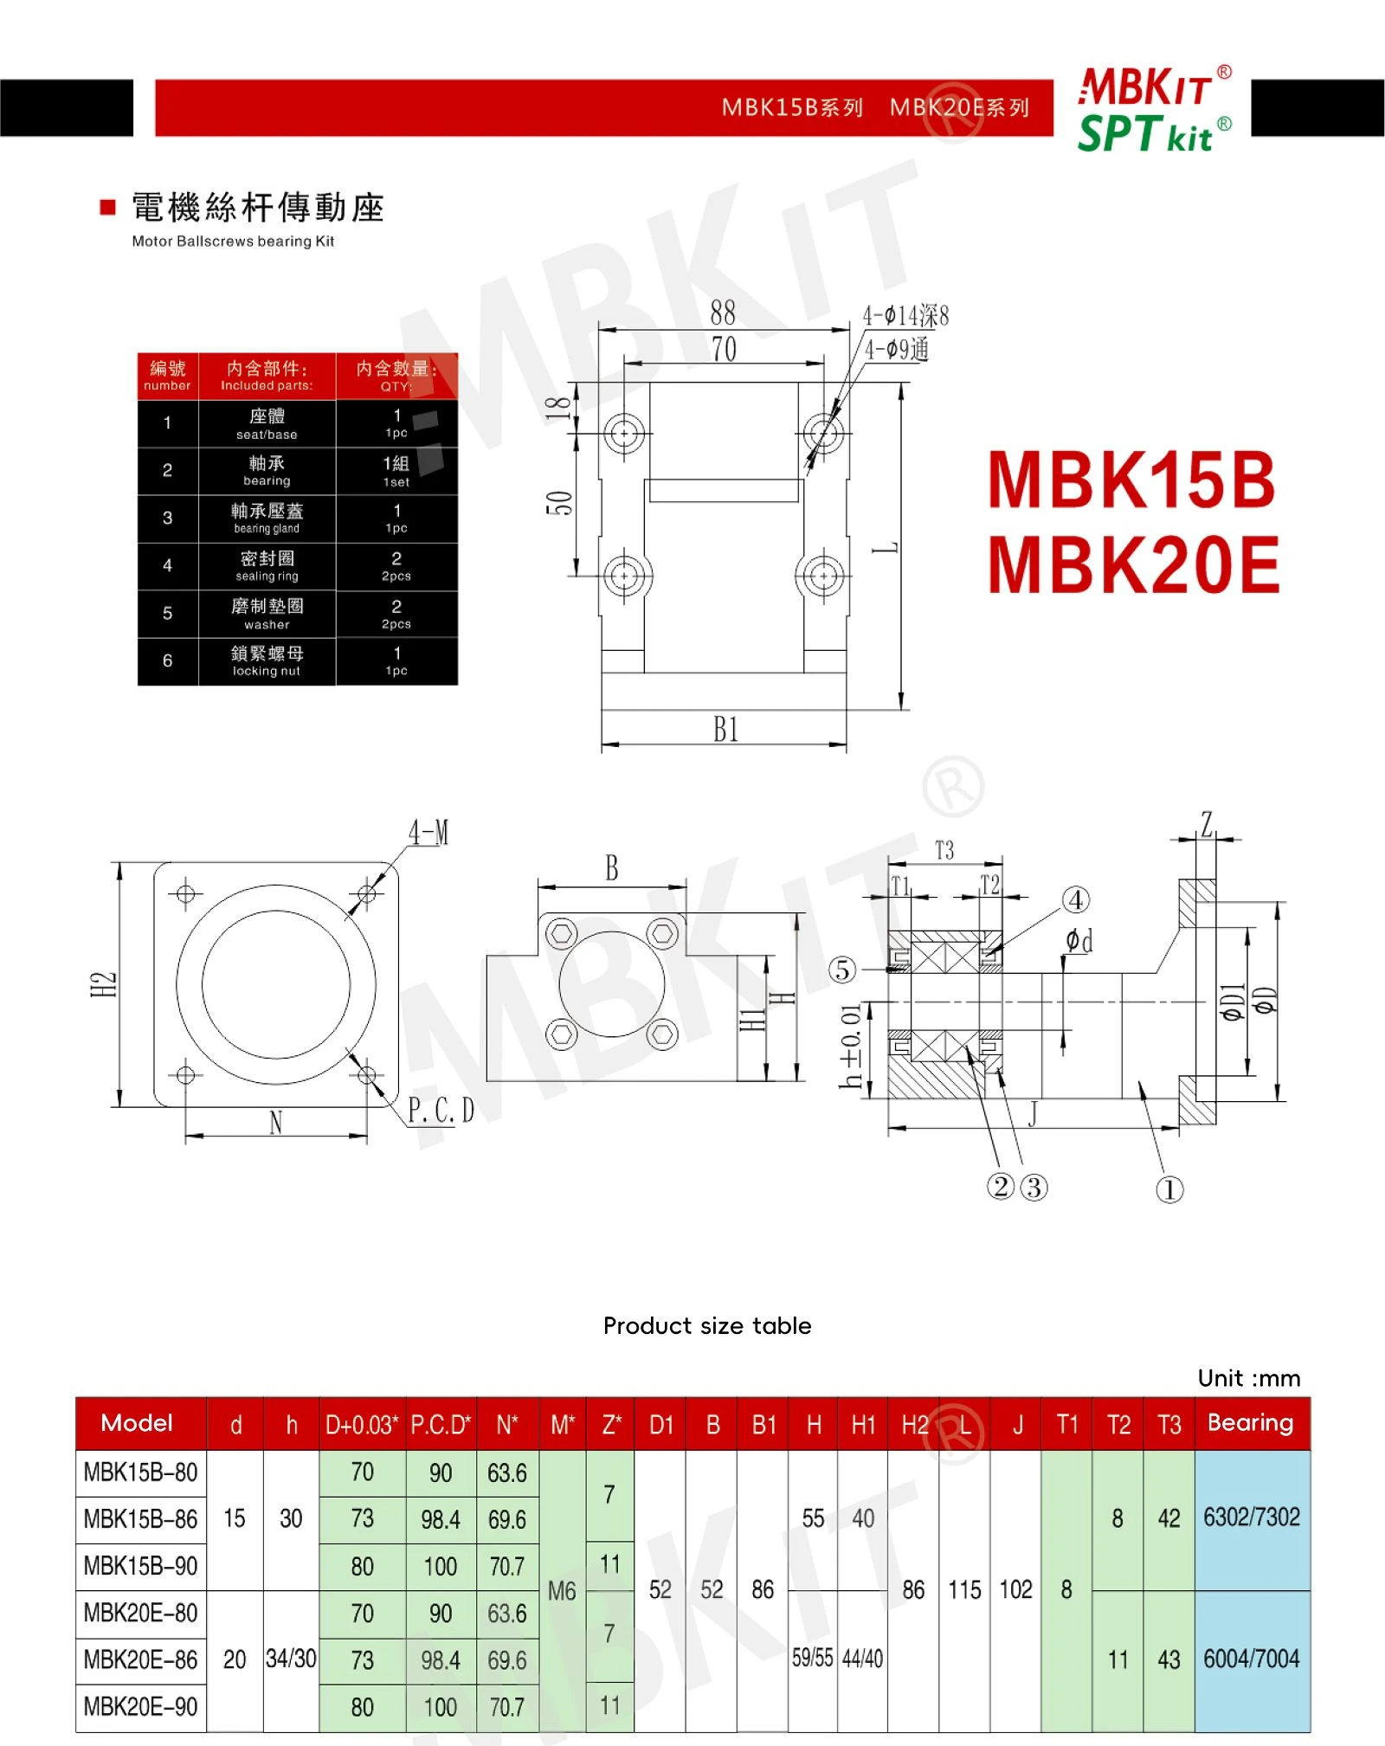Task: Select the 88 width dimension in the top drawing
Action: pyautogui.click(x=723, y=312)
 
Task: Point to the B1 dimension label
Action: pyautogui.click(x=726, y=729)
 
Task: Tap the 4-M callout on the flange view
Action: pyautogui.click(x=429, y=833)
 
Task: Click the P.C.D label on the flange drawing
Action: pyautogui.click(x=441, y=1110)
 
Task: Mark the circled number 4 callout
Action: pyautogui.click(x=1076, y=900)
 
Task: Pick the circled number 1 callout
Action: pyautogui.click(x=1169, y=1189)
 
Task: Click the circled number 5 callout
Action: pyautogui.click(x=842, y=970)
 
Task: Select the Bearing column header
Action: pyautogui.click(x=1251, y=1423)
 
